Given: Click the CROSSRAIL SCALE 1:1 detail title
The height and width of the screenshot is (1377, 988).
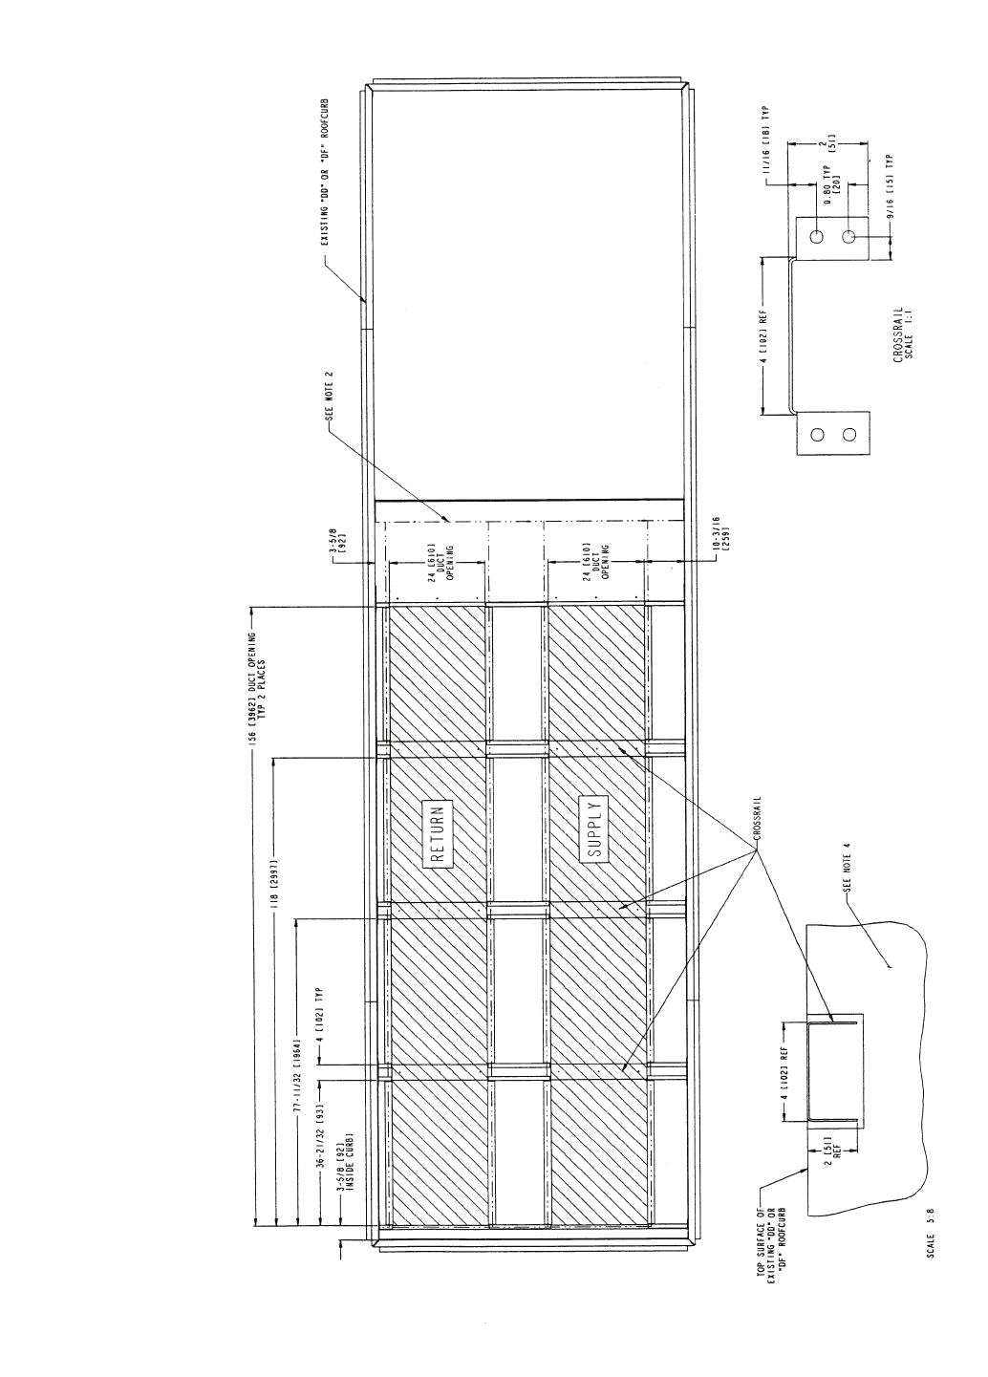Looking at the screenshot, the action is pos(903,335).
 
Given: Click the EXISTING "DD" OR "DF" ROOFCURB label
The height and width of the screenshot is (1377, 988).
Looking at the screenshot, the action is pos(324,171).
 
